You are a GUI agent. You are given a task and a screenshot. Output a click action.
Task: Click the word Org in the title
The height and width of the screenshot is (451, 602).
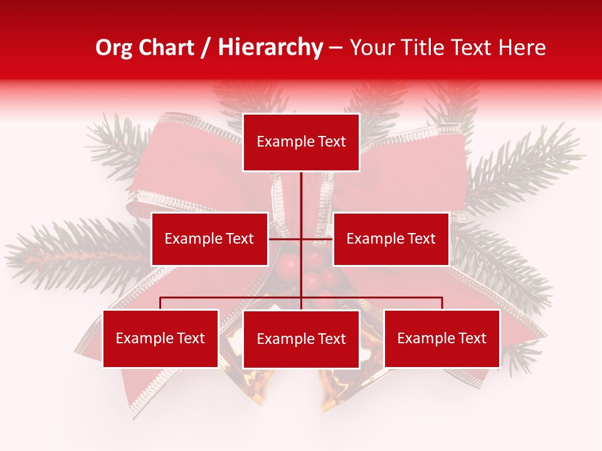[x=114, y=48]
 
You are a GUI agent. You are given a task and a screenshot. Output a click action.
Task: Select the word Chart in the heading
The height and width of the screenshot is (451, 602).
[x=164, y=48]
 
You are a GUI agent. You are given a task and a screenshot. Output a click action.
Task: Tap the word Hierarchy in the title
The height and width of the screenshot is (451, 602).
[x=270, y=48]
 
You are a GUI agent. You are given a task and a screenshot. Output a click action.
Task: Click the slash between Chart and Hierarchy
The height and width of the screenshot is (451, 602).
[x=205, y=48]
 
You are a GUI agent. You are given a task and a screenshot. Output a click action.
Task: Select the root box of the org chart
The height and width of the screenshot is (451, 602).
[x=301, y=142]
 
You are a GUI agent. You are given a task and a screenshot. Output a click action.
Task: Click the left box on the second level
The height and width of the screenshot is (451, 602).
[x=209, y=239]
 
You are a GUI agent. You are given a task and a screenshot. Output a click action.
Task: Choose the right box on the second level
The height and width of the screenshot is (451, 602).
[x=391, y=239]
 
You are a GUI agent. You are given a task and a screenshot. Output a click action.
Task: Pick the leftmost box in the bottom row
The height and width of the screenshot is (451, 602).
[x=161, y=338]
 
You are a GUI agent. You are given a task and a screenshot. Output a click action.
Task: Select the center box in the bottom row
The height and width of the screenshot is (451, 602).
[x=301, y=339]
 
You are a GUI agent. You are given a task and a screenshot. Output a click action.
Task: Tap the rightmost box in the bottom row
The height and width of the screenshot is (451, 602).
[x=441, y=338]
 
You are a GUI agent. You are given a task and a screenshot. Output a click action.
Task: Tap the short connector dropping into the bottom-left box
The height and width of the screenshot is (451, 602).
[x=161, y=303]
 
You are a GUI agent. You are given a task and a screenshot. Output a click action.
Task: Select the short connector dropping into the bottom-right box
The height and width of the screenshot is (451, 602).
[x=442, y=303]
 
